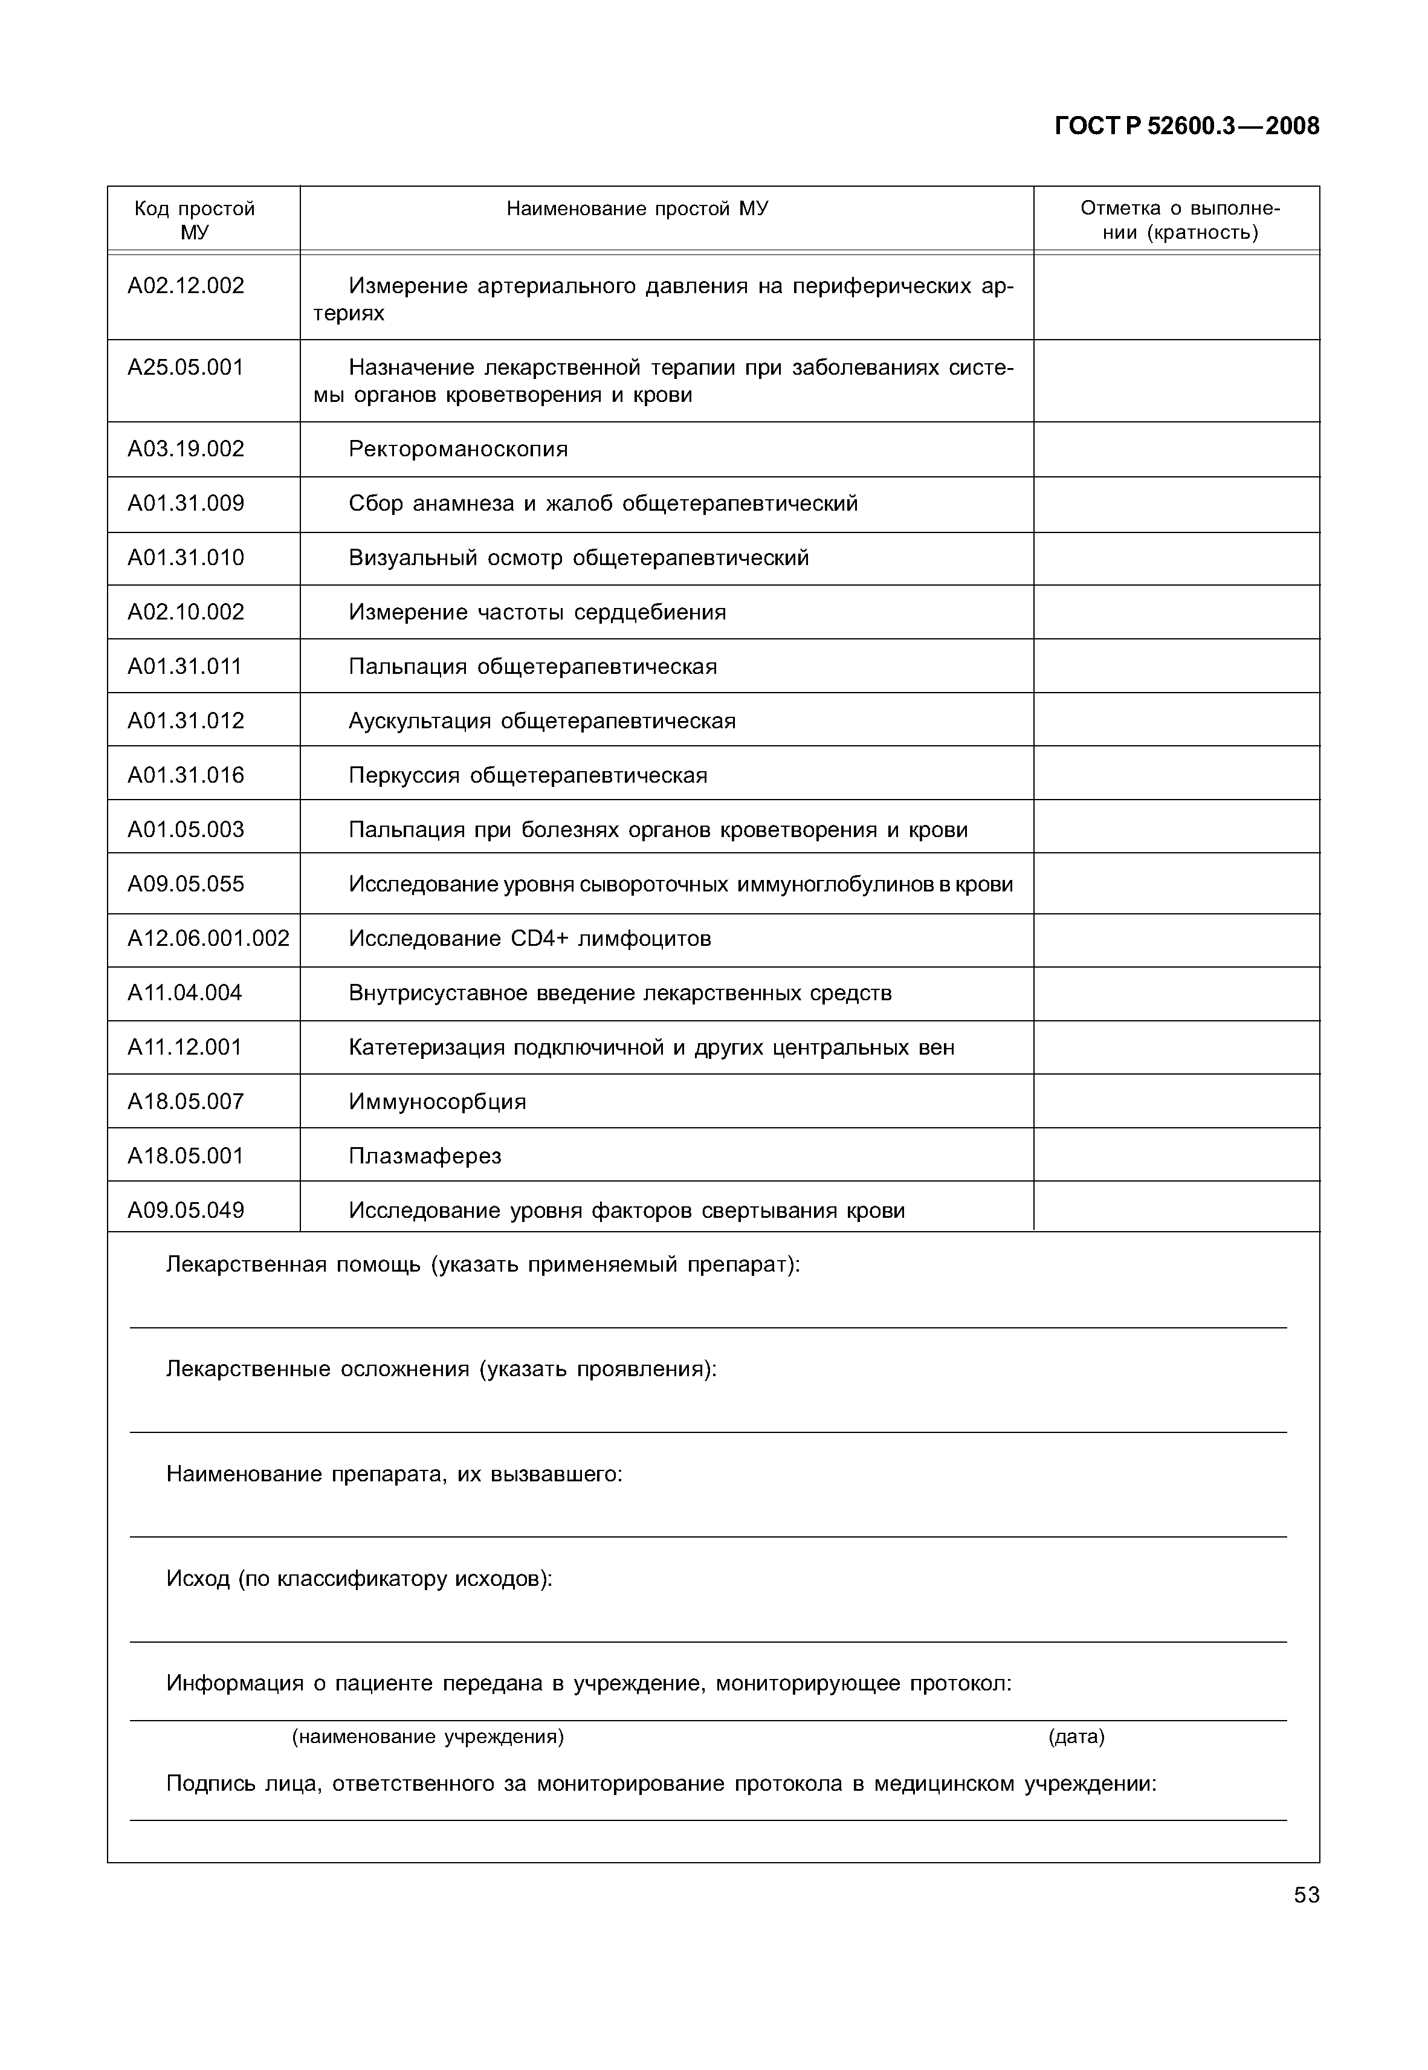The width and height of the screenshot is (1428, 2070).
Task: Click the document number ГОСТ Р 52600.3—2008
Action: coord(1186,126)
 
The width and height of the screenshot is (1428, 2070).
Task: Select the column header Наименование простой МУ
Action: coord(637,209)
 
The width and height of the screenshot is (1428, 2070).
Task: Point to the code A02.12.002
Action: coord(186,286)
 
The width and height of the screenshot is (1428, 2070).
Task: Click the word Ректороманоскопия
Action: coord(458,449)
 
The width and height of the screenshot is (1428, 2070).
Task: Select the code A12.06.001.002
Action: coord(208,939)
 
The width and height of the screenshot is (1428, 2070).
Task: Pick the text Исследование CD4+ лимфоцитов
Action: coord(530,939)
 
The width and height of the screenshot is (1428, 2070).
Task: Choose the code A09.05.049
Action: coord(186,1211)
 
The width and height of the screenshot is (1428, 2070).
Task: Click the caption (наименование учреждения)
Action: coord(428,1736)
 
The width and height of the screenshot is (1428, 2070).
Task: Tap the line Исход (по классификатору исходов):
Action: coord(359,1579)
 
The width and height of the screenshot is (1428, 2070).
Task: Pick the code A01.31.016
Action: coord(186,775)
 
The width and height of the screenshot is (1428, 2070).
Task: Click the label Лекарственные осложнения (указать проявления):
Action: coord(441,1370)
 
